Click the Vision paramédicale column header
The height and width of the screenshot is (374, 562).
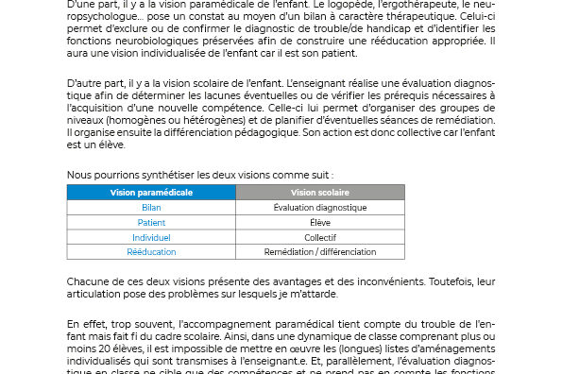pyautogui.click(x=151, y=192)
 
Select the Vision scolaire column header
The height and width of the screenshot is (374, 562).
pyautogui.click(x=319, y=192)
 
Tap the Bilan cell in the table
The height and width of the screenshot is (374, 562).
pyautogui.click(x=151, y=207)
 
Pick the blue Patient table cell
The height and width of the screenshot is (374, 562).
pyautogui.click(x=151, y=222)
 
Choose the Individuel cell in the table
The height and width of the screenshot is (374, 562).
pyautogui.click(x=151, y=237)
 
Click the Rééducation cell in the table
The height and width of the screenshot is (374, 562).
pyautogui.click(x=151, y=252)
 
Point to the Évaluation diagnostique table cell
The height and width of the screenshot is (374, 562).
pyautogui.click(x=319, y=207)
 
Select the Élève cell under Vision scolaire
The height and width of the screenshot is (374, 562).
pyautogui.click(x=319, y=222)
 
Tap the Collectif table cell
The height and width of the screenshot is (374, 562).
pyautogui.click(x=319, y=237)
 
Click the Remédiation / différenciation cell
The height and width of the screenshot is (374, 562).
pyautogui.click(x=319, y=252)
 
